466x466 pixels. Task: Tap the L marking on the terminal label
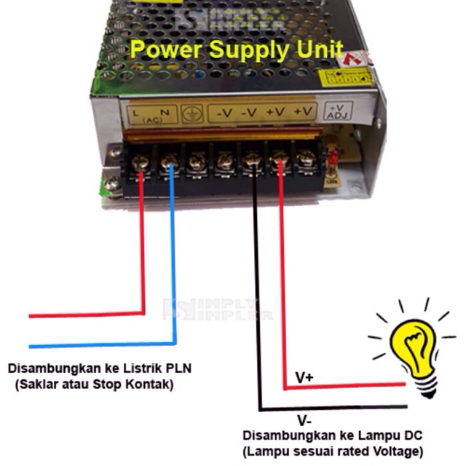[136, 111]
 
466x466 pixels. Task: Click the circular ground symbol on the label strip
[192, 114]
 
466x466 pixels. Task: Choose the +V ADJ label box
[340, 111]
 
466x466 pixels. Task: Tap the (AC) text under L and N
[152, 120]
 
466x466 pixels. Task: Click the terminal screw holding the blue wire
[169, 159]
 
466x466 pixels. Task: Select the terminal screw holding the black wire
[252, 158]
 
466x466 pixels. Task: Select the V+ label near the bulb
[304, 378]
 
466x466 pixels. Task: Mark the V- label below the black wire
[304, 420]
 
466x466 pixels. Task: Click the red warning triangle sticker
[359, 59]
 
